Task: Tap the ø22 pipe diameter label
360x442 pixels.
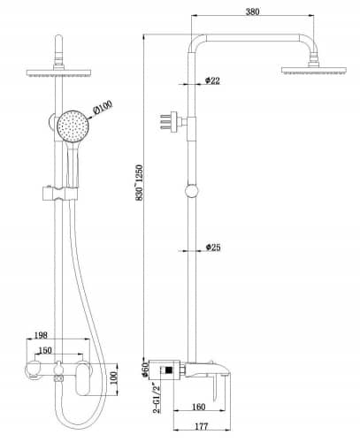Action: pyautogui.click(x=212, y=80)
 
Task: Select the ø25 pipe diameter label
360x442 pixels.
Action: pyautogui.click(x=212, y=248)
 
